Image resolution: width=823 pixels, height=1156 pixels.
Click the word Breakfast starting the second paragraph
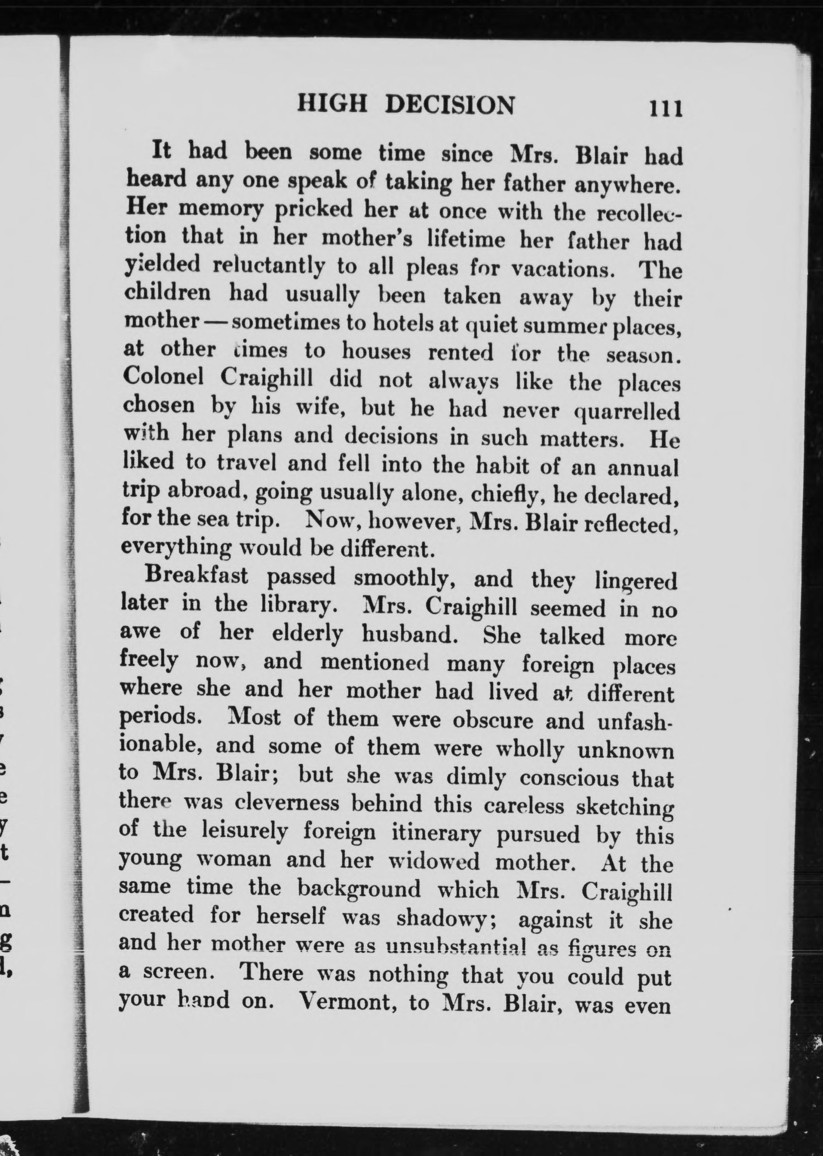coord(197,576)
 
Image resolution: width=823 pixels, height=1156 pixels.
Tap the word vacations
coord(562,267)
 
